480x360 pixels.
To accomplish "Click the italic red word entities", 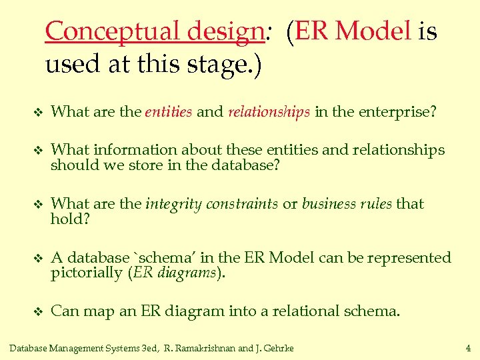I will coord(169,112).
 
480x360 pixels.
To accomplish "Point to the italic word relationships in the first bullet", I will coord(269,112).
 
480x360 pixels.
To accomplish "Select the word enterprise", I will coord(397,112).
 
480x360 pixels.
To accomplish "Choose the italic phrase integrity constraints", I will coord(211,204).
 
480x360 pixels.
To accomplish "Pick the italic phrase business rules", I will coord(347,204).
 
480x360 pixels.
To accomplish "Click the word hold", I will coord(67,219).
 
